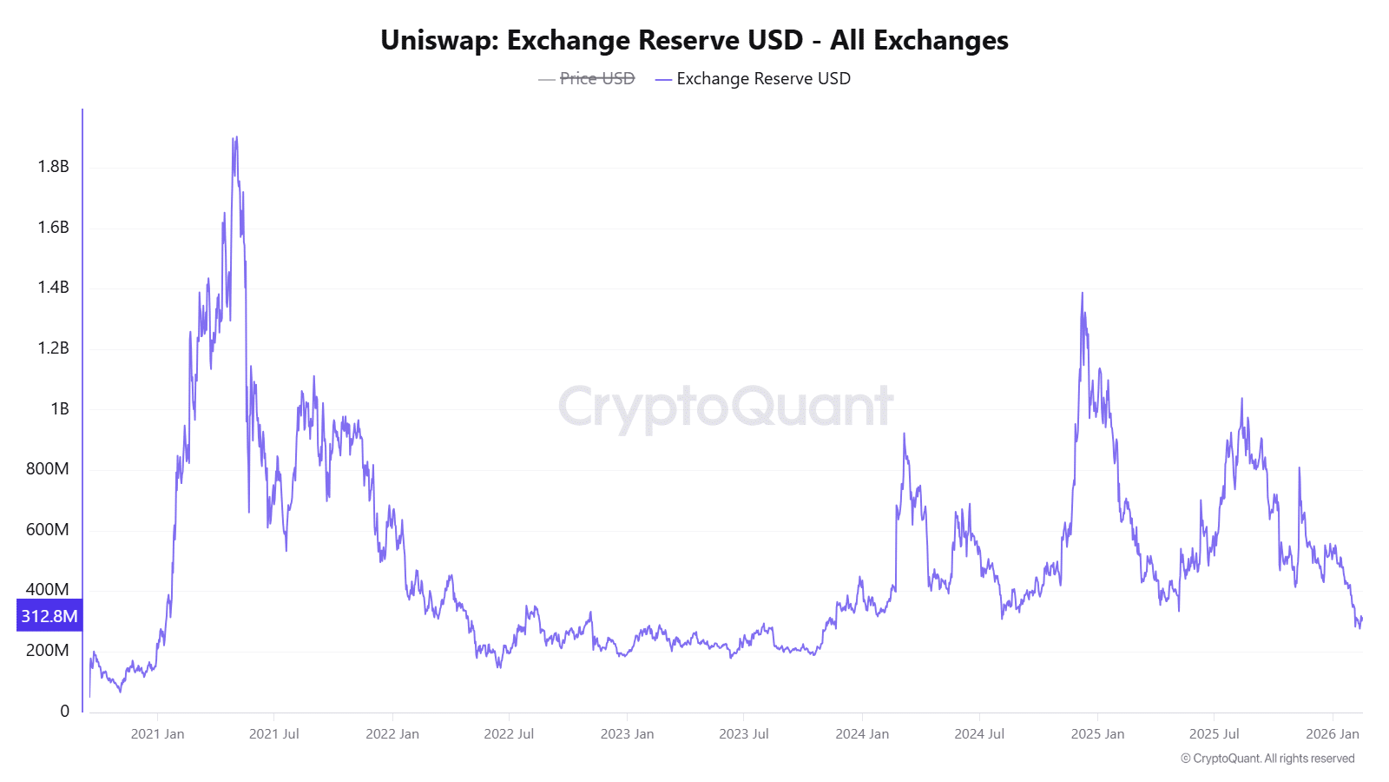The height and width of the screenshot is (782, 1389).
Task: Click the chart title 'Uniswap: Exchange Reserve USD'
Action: (694, 40)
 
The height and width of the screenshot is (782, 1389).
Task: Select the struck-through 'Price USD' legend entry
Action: (596, 78)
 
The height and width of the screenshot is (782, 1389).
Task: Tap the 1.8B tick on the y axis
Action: (53, 166)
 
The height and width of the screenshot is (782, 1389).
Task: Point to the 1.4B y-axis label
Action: (53, 287)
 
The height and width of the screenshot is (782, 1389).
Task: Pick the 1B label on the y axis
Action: (59, 408)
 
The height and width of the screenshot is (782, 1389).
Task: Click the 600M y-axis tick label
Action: (47, 529)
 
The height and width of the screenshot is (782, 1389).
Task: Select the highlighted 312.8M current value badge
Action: (49, 616)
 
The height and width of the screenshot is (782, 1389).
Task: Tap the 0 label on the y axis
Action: (64, 711)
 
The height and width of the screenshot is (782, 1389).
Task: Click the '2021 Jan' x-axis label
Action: (157, 733)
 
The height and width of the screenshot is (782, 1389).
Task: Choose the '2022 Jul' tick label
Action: (509, 733)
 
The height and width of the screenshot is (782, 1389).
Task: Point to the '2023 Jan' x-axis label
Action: (627, 733)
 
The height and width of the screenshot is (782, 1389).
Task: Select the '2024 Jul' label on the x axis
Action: (979, 733)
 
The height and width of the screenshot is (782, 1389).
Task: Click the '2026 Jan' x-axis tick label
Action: (1332, 733)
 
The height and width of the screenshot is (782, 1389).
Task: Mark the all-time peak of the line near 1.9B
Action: (235, 137)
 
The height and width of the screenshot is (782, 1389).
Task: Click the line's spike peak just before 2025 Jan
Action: (1082, 294)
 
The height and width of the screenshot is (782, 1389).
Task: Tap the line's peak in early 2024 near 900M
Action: (904, 434)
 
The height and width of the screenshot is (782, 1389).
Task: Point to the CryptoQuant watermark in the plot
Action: (725, 407)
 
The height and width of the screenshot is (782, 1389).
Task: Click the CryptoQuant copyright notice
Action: (1267, 759)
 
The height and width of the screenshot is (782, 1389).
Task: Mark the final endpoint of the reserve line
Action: (1362, 618)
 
